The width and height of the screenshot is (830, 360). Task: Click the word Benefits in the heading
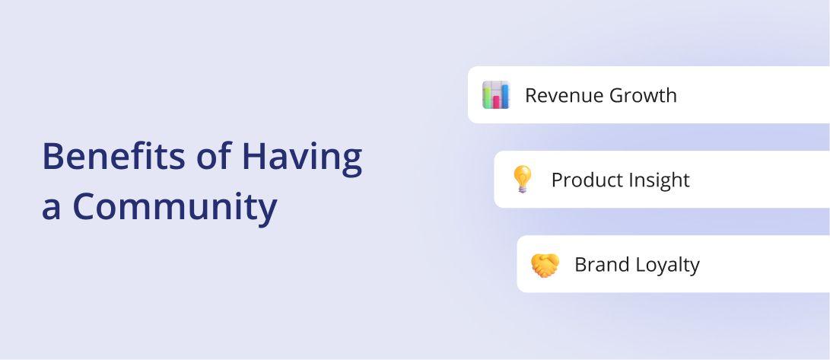click(x=114, y=156)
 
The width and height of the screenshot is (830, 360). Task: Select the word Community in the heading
click(x=175, y=207)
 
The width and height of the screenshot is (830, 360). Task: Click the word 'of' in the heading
click(x=214, y=156)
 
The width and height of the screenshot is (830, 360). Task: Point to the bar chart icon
click(x=496, y=95)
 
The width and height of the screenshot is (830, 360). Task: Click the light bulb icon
click(x=522, y=179)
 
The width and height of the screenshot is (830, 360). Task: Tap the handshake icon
click(x=545, y=264)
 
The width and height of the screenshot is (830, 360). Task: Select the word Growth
click(x=643, y=95)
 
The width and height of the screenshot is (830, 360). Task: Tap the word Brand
click(x=601, y=264)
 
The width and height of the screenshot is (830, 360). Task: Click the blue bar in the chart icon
click(x=504, y=97)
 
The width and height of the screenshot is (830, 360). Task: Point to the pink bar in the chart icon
click(x=497, y=102)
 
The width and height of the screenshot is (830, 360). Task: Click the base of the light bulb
click(x=522, y=189)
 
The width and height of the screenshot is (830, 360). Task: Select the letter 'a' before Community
click(x=51, y=210)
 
